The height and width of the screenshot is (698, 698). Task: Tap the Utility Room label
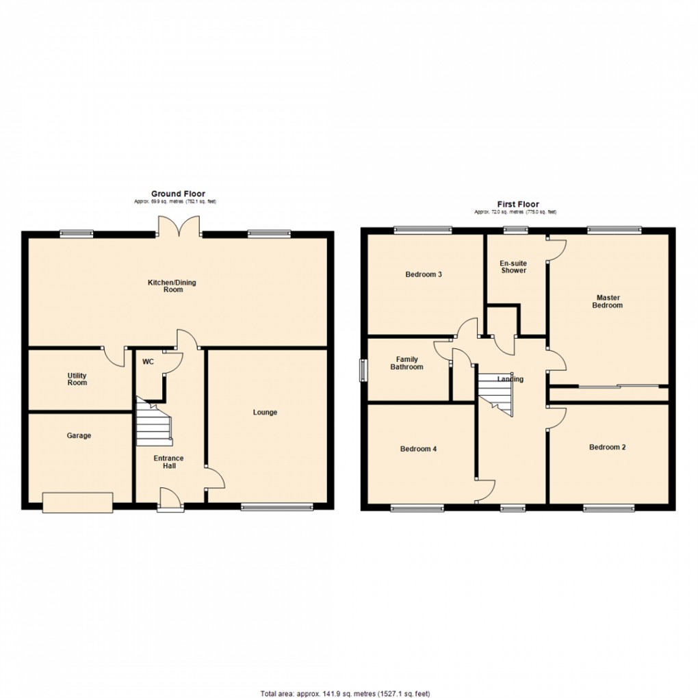[x=77, y=378]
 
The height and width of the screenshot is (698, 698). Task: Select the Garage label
[x=79, y=435]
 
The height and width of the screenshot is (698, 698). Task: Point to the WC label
[x=148, y=362]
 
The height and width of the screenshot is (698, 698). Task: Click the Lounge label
[x=265, y=412]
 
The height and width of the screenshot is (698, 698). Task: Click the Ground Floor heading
[x=178, y=194]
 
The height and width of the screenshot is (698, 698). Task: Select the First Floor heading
[x=517, y=204]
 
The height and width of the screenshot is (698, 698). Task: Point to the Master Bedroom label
[x=608, y=302]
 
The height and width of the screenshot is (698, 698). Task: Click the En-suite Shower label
[x=513, y=266]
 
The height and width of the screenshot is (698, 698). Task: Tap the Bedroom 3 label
[x=424, y=274]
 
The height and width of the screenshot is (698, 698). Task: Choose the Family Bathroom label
[x=406, y=363]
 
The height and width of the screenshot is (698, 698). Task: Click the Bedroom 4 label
[x=418, y=449]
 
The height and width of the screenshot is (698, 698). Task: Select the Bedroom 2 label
[x=608, y=447]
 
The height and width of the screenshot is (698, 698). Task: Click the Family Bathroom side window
[x=363, y=369]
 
